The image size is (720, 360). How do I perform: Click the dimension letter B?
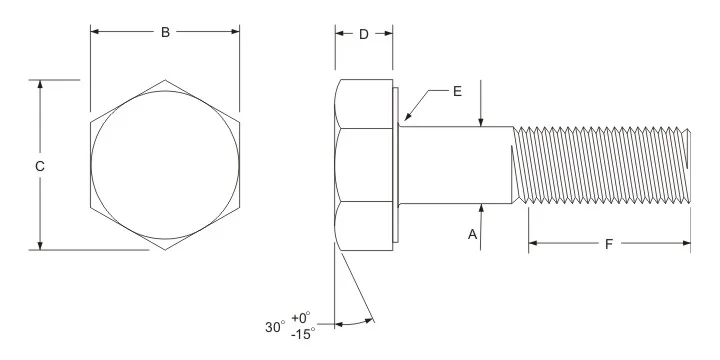tap(165, 32)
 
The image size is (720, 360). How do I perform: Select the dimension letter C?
tap(40, 166)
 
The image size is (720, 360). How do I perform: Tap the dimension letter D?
tap(364, 34)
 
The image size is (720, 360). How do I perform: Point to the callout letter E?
tap(457, 91)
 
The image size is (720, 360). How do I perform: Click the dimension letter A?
tap(472, 235)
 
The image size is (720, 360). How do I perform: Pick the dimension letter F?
tap(609, 244)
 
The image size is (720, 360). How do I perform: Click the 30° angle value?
tap(275, 327)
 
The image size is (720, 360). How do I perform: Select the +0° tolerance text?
tap(301, 318)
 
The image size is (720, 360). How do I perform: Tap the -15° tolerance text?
tap(303, 334)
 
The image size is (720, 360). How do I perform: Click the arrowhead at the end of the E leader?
tap(407, 118)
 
